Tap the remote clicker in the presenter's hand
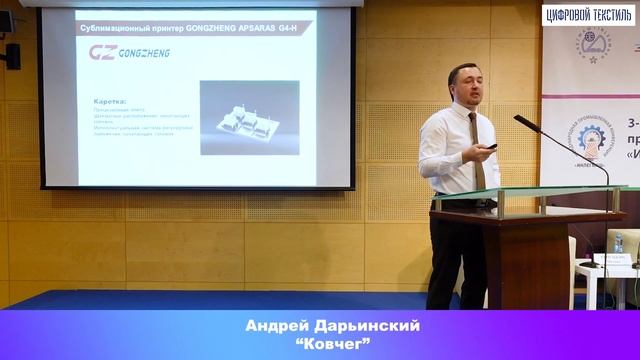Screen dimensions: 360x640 coord(490,147)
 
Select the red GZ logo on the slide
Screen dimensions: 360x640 coord(103,52)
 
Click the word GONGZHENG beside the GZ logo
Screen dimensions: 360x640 coord(144,52)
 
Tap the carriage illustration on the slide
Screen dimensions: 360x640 coord(248,119)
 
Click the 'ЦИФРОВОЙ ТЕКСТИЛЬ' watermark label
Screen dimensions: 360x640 coord(588,14)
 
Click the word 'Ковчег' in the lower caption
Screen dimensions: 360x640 coord(320,345)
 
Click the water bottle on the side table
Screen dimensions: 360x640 coord(618,243)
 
